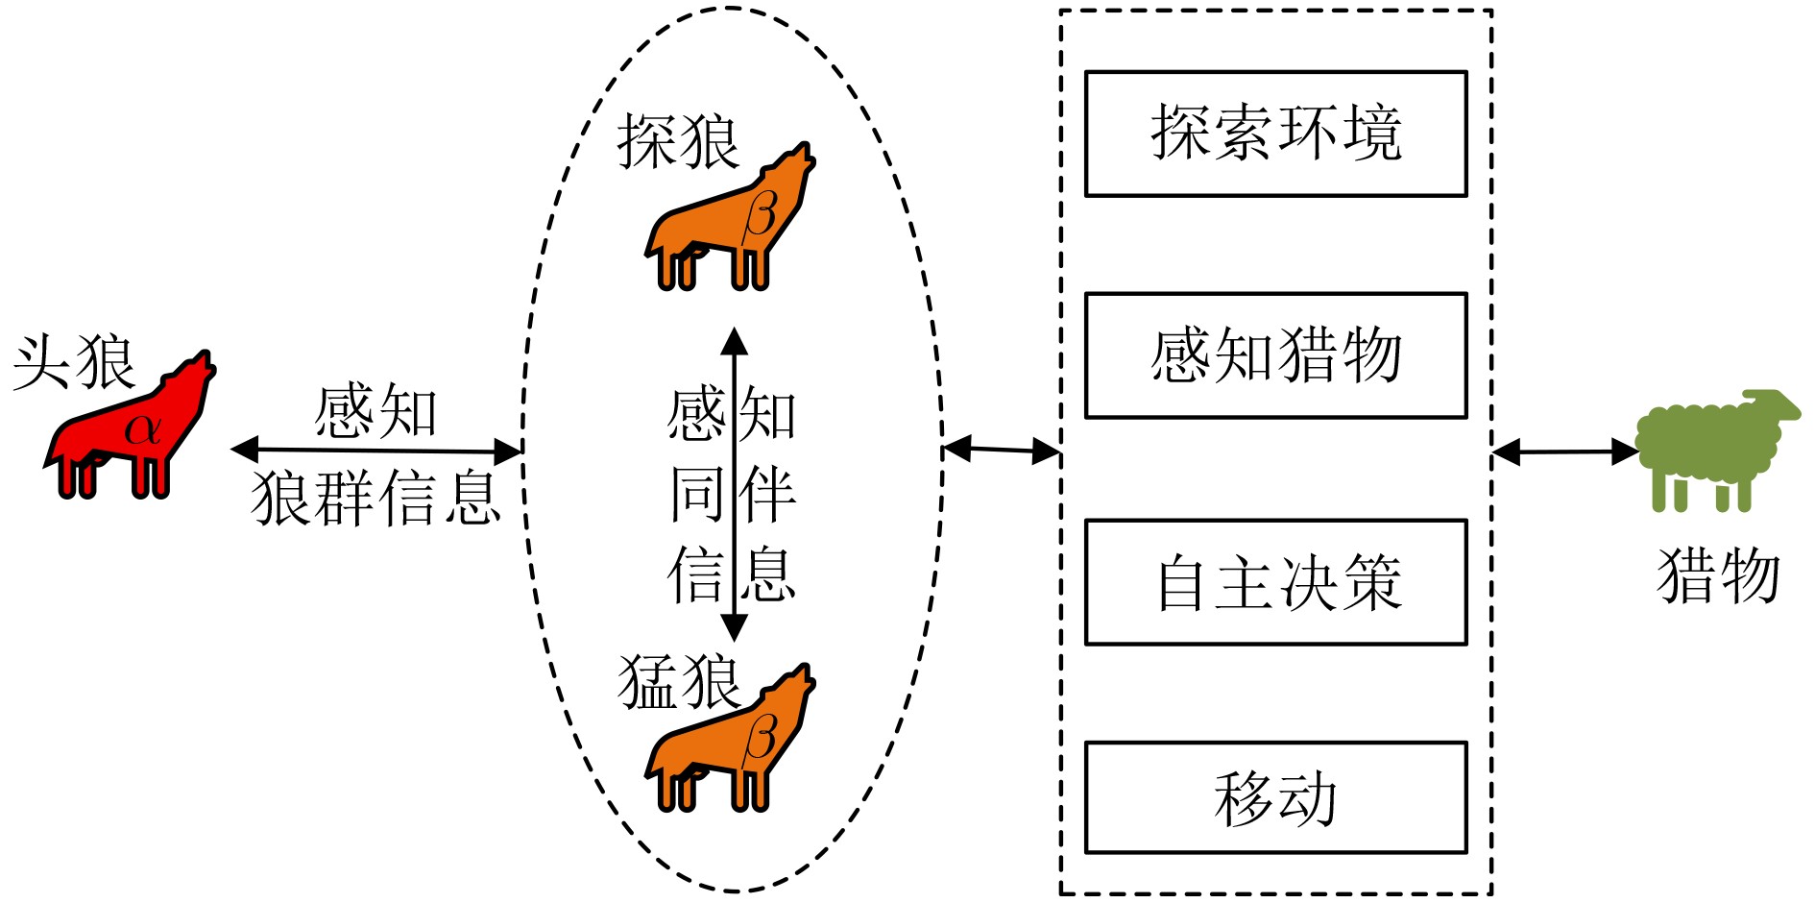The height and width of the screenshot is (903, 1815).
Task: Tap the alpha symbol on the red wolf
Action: point(142,428)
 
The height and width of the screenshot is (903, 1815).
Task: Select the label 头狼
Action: point(74,363)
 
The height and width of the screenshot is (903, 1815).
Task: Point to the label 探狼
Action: point(678,142)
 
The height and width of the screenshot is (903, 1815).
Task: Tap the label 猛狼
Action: point(678,682)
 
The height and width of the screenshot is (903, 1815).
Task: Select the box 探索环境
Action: point(1275,134)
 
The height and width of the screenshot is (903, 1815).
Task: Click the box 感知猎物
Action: point(1275,355)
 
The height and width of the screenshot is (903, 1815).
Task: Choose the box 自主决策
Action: point(1275,582)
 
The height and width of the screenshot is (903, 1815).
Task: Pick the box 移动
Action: point(1275,797)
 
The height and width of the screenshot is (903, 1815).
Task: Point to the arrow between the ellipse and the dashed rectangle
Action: point(1002,449)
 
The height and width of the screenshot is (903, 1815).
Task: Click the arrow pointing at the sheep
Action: point(1565,451)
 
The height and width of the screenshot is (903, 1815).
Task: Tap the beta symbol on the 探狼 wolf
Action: point(760,213)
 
